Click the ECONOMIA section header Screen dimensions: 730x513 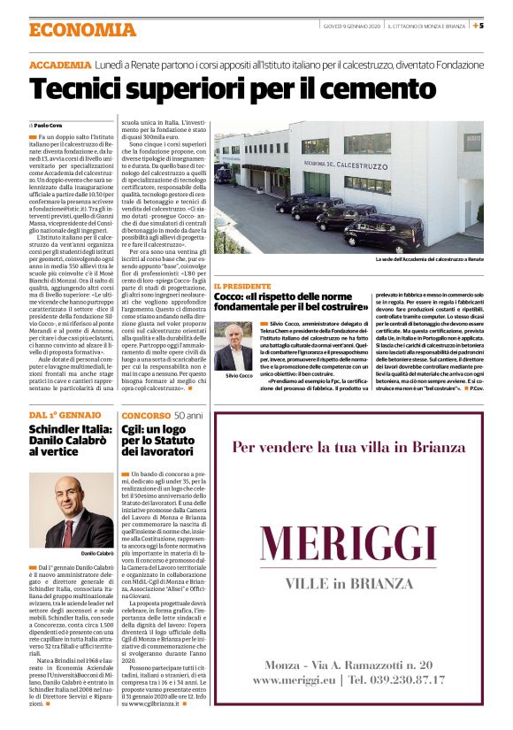pyautogui.click(x=81, y=30)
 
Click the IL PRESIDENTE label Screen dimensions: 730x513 pyautogui.click(x=242, y=287)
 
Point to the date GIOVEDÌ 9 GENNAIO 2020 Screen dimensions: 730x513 pyautogui.click(x=349, y=25)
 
